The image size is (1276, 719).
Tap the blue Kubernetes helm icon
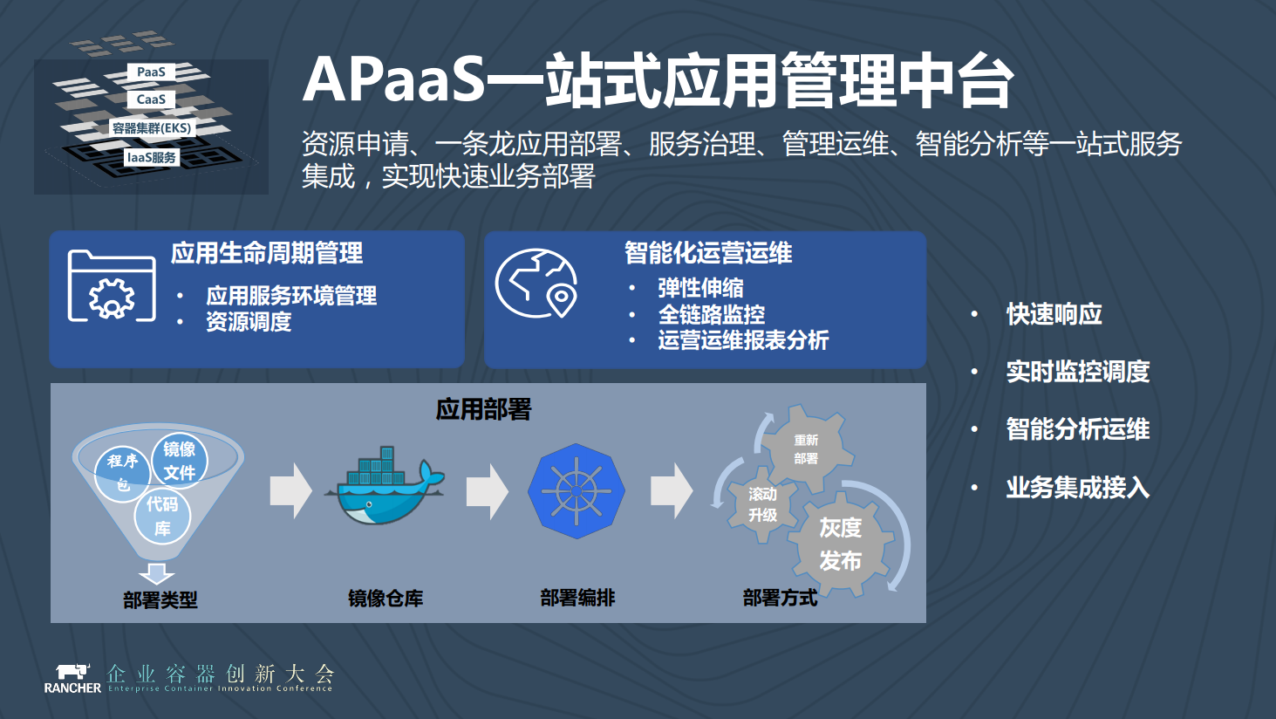577,491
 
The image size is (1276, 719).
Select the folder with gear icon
112,286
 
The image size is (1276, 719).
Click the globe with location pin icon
536,284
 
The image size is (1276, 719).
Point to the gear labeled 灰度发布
841,544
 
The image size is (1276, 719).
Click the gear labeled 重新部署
806,449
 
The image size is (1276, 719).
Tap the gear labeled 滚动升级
762,504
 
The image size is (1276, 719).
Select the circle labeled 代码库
162,516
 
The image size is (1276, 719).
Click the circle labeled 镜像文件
180,460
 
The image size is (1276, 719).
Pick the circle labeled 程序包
122,472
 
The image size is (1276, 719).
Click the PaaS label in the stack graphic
151,72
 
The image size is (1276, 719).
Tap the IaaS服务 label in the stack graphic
152,158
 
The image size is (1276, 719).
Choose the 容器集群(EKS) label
152,128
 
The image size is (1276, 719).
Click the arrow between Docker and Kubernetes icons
487,491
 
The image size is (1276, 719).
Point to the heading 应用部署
483,409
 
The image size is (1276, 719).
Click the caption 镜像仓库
386,599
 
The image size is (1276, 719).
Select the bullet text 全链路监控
712,314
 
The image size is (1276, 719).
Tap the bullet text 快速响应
1054,314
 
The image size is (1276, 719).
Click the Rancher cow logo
72,672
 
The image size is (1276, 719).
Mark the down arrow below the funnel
157,573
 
